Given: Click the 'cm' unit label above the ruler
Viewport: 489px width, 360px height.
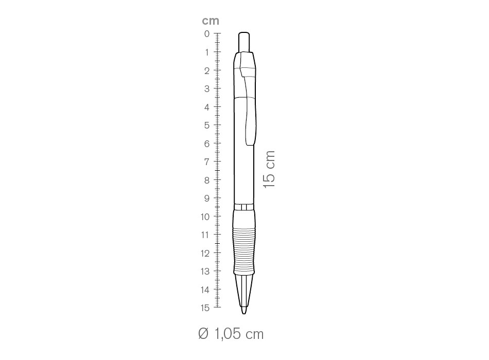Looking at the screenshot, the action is coord(211,21).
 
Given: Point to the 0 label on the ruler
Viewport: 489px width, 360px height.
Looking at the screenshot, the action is coord(207,33).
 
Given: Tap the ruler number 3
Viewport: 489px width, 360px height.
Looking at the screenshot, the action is coord(207,89).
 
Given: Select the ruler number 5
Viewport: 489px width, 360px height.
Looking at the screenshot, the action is coord(207,125).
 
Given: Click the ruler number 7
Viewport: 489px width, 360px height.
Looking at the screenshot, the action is coord(207,162).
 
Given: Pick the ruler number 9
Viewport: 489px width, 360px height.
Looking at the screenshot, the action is coord(207,198).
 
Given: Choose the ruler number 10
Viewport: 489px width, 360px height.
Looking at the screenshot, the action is coord(205,217).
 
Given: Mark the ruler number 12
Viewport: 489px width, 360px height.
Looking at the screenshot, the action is coord(205,254).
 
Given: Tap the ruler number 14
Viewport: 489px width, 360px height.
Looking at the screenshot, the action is coord(205,290).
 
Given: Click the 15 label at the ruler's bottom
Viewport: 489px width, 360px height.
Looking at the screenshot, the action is coord(205,308).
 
